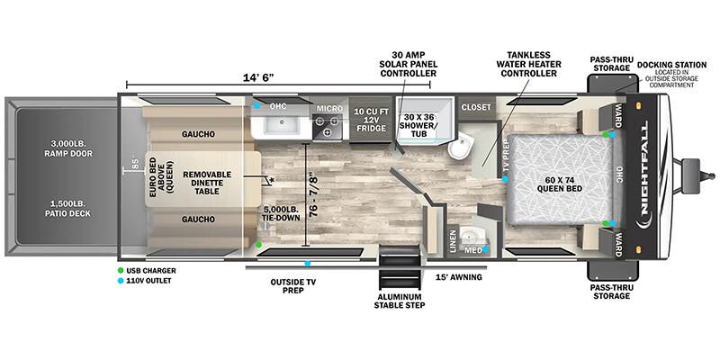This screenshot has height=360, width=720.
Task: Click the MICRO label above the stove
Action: [x=328, y=108]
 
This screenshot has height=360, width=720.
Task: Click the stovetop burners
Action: [x=328, y=125]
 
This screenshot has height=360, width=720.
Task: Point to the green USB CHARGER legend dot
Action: [x=121, y=270]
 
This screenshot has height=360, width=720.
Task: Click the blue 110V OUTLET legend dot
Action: [x=121, y=281]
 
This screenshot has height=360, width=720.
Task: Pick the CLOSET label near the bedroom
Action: [x=476, y=107]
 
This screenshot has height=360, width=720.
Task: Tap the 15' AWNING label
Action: [x=458, y=277]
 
